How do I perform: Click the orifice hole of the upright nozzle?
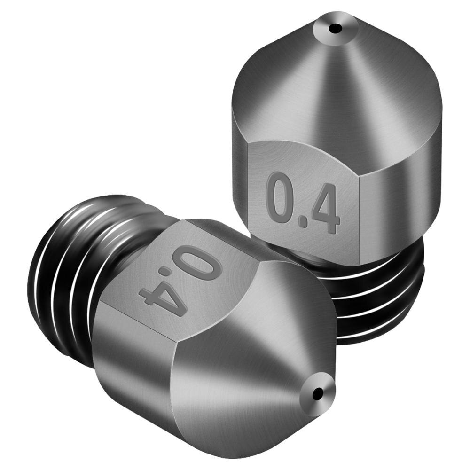pos(335,29)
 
